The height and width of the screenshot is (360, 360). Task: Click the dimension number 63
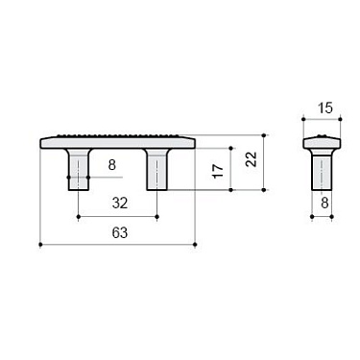[x=118, y=233]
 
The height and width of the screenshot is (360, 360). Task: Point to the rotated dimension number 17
[x=218, y=171]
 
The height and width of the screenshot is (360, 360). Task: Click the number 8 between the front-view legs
[x=112, y=166]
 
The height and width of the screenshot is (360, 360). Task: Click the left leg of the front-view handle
[x=78, y=170]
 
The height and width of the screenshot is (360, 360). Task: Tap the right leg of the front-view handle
[x=157, y=170]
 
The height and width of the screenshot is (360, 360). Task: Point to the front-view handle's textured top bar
[x=118, y=141]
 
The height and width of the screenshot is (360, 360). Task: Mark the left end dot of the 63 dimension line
[x=39, y=247]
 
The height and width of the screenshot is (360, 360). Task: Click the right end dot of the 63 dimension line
[x=197, y=247]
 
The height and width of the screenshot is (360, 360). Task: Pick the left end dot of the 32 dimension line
[x=78, y=218]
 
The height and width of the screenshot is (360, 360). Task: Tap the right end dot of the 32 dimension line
[x=157, y=218]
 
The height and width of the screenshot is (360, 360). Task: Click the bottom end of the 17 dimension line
[x=231, y=190]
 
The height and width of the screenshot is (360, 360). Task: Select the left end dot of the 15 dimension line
[x=303, y=119]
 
